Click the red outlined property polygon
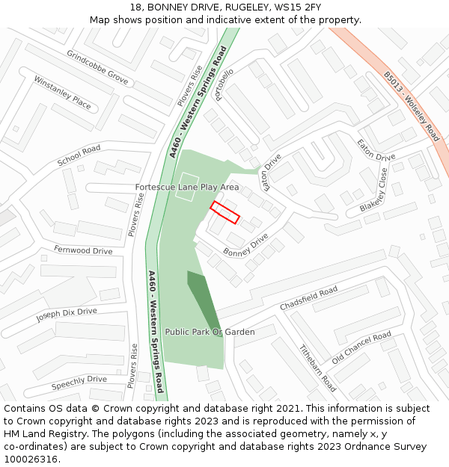(224, 212)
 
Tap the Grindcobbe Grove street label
(97, 67)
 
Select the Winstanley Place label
(62, 93)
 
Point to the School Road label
(79, 155)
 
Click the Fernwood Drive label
(83, 250)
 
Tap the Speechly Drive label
(79, 383)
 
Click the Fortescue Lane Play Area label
(187, 187)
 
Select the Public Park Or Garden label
(210, 332)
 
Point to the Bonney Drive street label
(245, 244)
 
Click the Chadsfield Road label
(308, 300)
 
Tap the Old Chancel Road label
(361, 347)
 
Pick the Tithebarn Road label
(317, 368)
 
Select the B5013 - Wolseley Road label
(412, 106)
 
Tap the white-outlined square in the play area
(187, 186)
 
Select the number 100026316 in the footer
(32, 460)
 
